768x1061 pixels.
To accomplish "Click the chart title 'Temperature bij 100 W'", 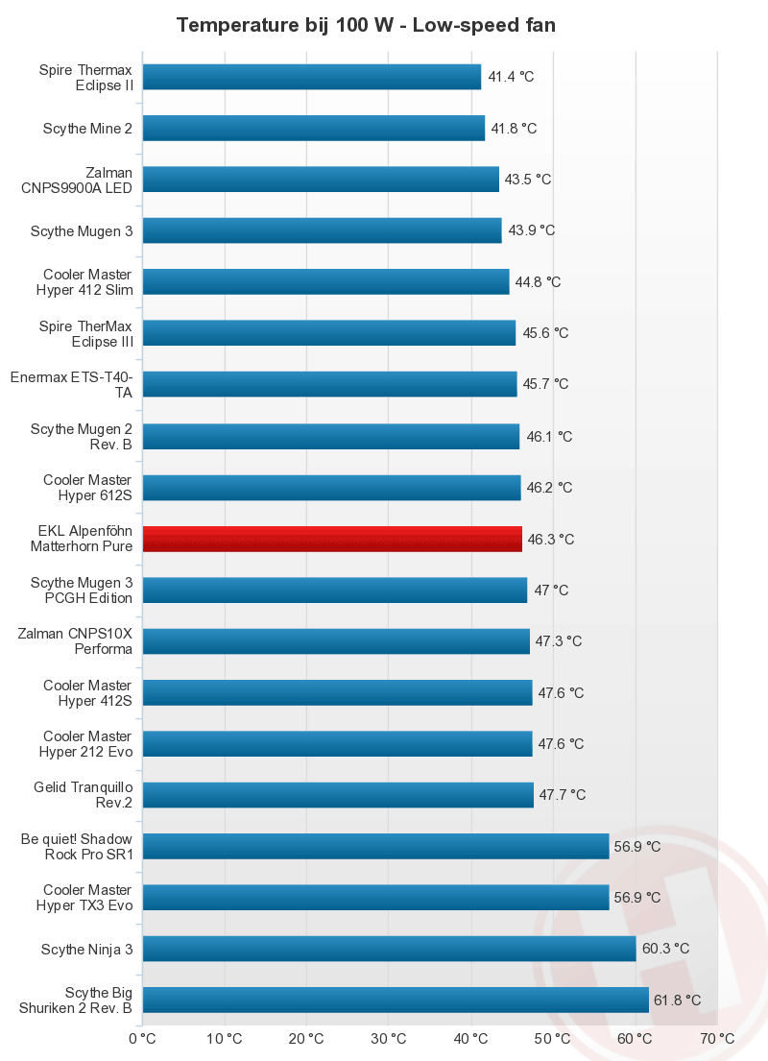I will point(366,25).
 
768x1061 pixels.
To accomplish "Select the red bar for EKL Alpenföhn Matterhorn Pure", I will point(332,539).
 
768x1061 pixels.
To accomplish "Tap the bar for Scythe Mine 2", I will point(313,128).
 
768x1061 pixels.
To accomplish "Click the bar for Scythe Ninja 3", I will point(389,949).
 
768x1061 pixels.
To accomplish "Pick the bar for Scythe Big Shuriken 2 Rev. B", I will point(396,1000).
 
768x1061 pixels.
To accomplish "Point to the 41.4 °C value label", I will point(511,77).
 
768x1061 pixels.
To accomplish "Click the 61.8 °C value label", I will point(677,1001).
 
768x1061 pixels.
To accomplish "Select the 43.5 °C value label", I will point(528,180).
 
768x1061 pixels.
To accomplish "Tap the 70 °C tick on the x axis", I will point(717,1038).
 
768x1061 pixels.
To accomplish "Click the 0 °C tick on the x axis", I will point(142,1038).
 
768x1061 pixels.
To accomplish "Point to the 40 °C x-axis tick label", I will point(470,1038).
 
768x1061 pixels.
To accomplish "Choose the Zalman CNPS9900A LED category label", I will point(77,180).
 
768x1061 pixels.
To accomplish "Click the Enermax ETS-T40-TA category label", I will point(71,384).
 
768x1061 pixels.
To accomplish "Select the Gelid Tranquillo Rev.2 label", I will point(83,795).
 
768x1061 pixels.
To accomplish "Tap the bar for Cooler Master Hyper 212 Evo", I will point(337,743).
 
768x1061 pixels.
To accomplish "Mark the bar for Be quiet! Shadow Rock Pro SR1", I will point(375,846).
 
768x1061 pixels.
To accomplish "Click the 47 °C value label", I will point(551,591).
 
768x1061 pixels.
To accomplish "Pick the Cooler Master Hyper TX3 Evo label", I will point(87,897).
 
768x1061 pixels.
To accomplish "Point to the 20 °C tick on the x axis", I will point(306,1038).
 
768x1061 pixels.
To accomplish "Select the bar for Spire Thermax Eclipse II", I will point(311,77).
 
